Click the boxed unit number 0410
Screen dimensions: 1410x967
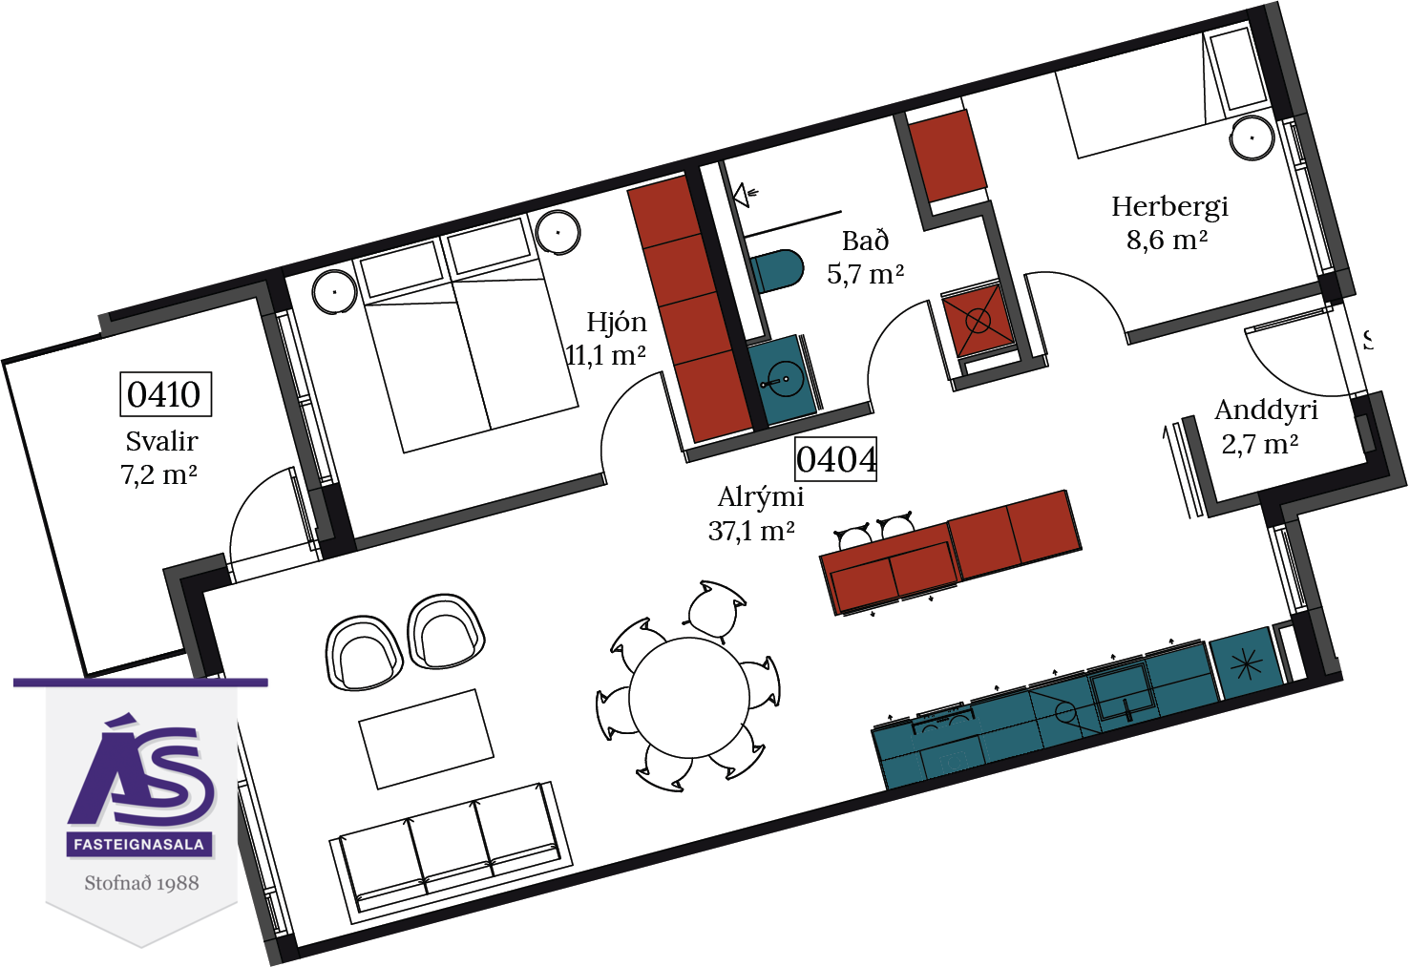tap(165, 394)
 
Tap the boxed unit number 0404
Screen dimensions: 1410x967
tap(836, 459)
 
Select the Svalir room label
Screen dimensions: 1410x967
tap(161, 441)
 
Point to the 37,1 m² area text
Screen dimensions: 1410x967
tap(751, 531)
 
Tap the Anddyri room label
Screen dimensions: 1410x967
tap(1266, 410)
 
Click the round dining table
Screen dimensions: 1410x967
tap(689, 698)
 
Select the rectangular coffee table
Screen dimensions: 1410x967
tap(426, 739)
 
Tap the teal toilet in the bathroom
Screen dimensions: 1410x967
tap(777, 271)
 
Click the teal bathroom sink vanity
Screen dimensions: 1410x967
tap(781, 380)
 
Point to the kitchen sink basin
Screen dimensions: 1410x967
tap(1122, 692)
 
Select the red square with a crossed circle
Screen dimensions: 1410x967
tap(978, 321)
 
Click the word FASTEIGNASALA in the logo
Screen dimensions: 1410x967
tap(139, 844)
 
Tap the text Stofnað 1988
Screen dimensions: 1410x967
tap(141, 883)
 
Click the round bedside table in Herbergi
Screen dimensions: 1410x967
tap(1252, 137)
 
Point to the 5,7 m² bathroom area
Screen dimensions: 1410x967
tap(866, 275)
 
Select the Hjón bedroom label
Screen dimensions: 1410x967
tap(617, 323)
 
